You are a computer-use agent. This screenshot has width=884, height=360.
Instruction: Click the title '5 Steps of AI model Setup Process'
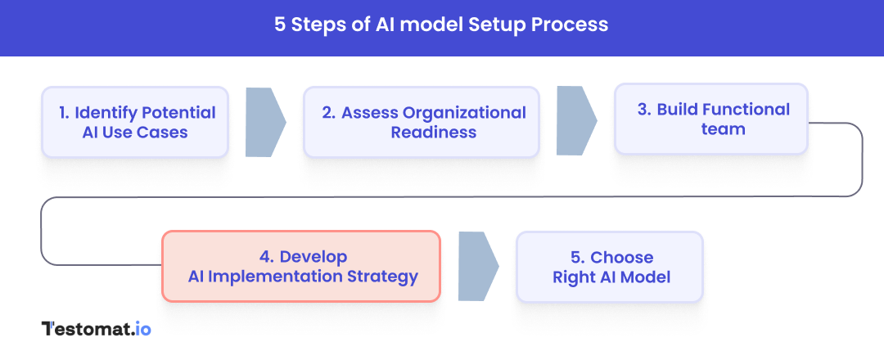coord(441,25)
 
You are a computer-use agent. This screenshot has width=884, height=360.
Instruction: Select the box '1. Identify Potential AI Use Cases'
coord(135,122)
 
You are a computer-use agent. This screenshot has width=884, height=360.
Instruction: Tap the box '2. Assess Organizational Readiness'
coord(422,122)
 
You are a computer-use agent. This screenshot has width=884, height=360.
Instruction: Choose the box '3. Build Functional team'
coord(710,119)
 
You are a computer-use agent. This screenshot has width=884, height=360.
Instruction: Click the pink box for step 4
coord(301,267)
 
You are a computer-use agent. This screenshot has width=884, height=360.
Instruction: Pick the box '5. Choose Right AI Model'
coord(610,267)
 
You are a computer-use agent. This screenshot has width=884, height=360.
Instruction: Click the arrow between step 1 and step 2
coord(264,122)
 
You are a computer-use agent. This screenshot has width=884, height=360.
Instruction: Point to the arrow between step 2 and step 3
coord(575,119)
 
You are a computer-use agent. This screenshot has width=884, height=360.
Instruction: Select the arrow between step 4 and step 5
coord(477,267)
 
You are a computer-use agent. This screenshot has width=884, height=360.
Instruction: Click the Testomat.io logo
coord(96,329)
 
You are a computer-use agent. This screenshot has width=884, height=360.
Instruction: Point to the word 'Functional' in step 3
coord(746,110)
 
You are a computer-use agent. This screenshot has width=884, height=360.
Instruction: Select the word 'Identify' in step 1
coord(106,113)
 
